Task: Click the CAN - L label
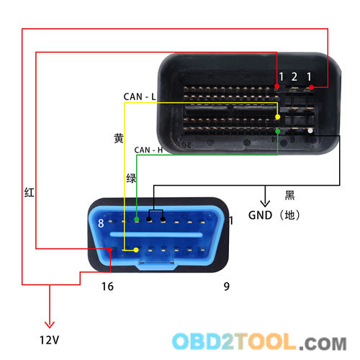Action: click(140, 96)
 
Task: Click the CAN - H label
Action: click(148, 150)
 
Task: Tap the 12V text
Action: click(49, 340)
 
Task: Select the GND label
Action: click(260, 215)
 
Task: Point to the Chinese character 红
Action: click(30, 192)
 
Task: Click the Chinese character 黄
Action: click(119, 138)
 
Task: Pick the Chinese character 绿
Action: click(131, 179)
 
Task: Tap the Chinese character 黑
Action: click(289, 195)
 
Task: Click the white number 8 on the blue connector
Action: click(101, 223)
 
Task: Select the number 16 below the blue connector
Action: click(107, 287)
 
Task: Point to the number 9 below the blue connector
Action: click(227, 287)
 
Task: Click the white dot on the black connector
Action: click(310, 131)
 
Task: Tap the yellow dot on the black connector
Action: click(278, 117)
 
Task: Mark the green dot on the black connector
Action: click(278, 131)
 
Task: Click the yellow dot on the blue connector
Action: click(136, 250)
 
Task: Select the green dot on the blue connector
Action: click(137, 219)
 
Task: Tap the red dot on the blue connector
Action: click(109, 250)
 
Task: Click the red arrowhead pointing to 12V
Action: click(50, 325)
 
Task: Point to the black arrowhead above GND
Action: click(265, 204)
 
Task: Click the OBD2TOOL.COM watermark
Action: click(259, 341)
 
